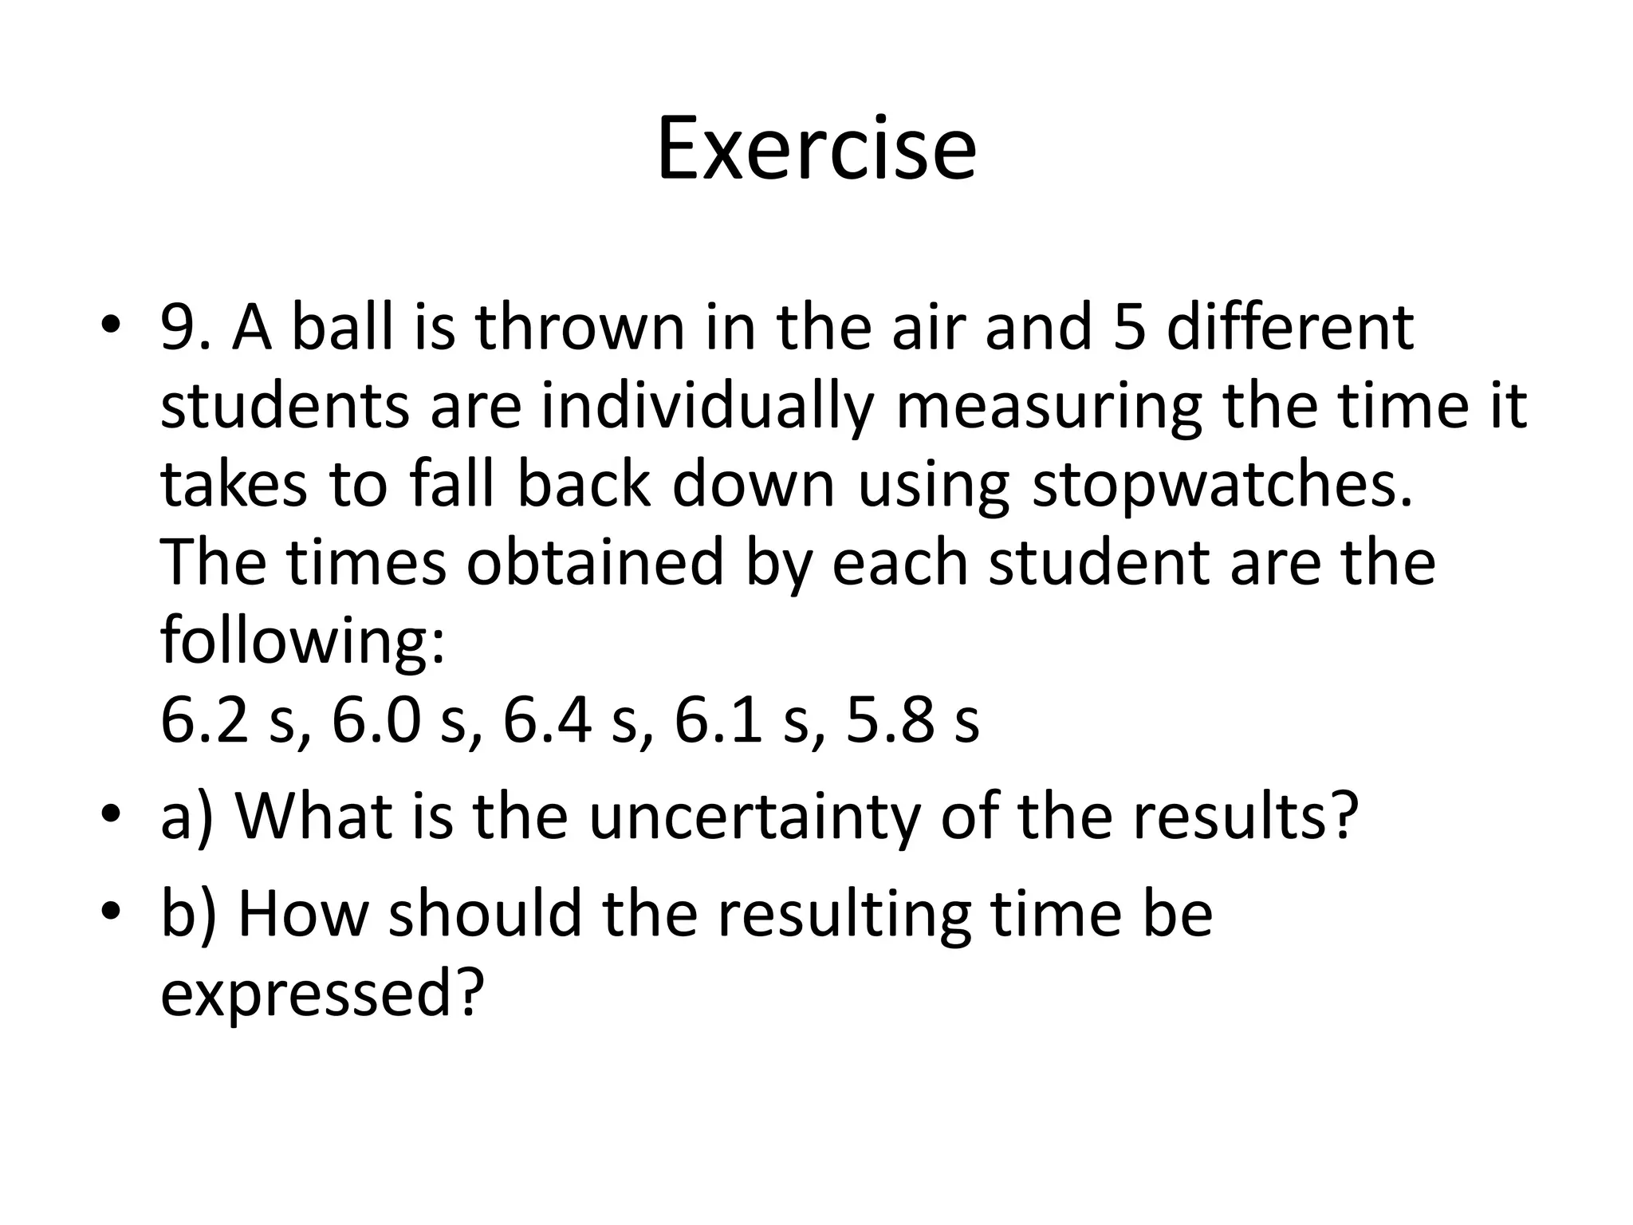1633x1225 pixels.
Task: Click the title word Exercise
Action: tap(816, 149)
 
